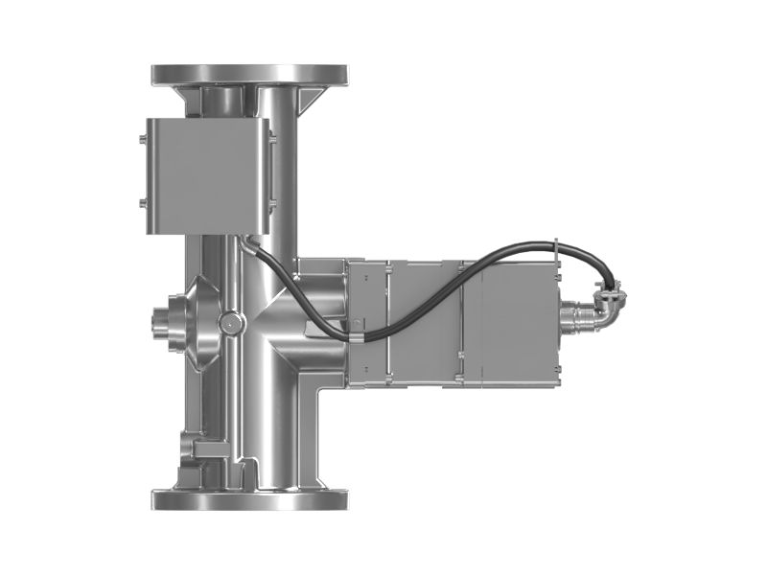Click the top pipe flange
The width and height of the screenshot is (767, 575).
[249, 74]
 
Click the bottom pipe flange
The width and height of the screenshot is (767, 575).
[249, 500]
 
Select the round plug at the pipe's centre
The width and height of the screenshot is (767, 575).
[229, 323]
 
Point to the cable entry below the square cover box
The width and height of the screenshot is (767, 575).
[246, 241]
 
